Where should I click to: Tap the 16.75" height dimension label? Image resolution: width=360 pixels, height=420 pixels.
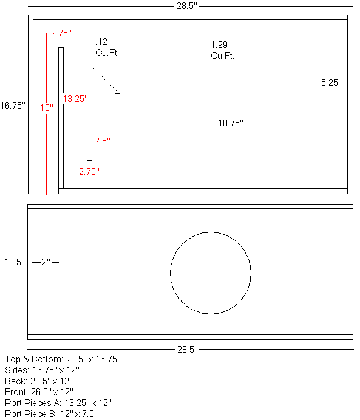(x=13, y=105)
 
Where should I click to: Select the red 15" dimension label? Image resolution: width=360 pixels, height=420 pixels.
(x=47, y=107)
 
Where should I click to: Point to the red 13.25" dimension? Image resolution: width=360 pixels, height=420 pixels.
(x=75, y=98)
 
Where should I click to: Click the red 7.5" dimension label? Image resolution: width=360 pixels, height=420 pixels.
(x=102, y=141)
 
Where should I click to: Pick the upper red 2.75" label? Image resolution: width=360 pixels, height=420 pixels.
(x=62, y=33)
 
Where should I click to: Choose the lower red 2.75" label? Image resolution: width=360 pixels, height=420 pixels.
(x=89, y=172)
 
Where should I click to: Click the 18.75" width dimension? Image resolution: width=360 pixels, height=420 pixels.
(x=231, y=123)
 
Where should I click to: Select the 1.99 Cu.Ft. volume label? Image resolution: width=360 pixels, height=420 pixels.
(x=222, y=50)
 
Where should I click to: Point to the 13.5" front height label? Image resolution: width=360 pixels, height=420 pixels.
(x=14, y=262)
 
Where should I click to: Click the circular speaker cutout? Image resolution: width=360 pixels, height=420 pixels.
(x=211, y=273)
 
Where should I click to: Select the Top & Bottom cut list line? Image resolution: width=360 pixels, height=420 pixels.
(x=63, y=359)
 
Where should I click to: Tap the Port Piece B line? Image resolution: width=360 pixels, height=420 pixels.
(x=51, y=413)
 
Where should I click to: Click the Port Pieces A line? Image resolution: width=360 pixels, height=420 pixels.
(x=58, y=402)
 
